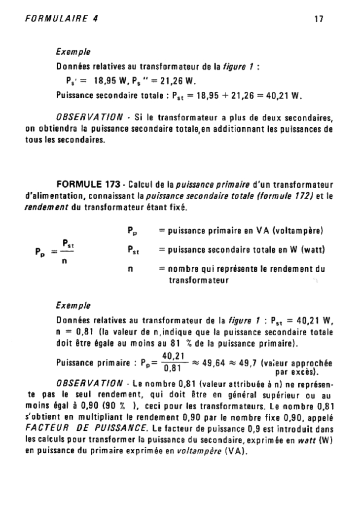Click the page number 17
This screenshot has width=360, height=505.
point(318,20)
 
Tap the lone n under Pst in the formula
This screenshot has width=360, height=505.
point(64,262)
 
